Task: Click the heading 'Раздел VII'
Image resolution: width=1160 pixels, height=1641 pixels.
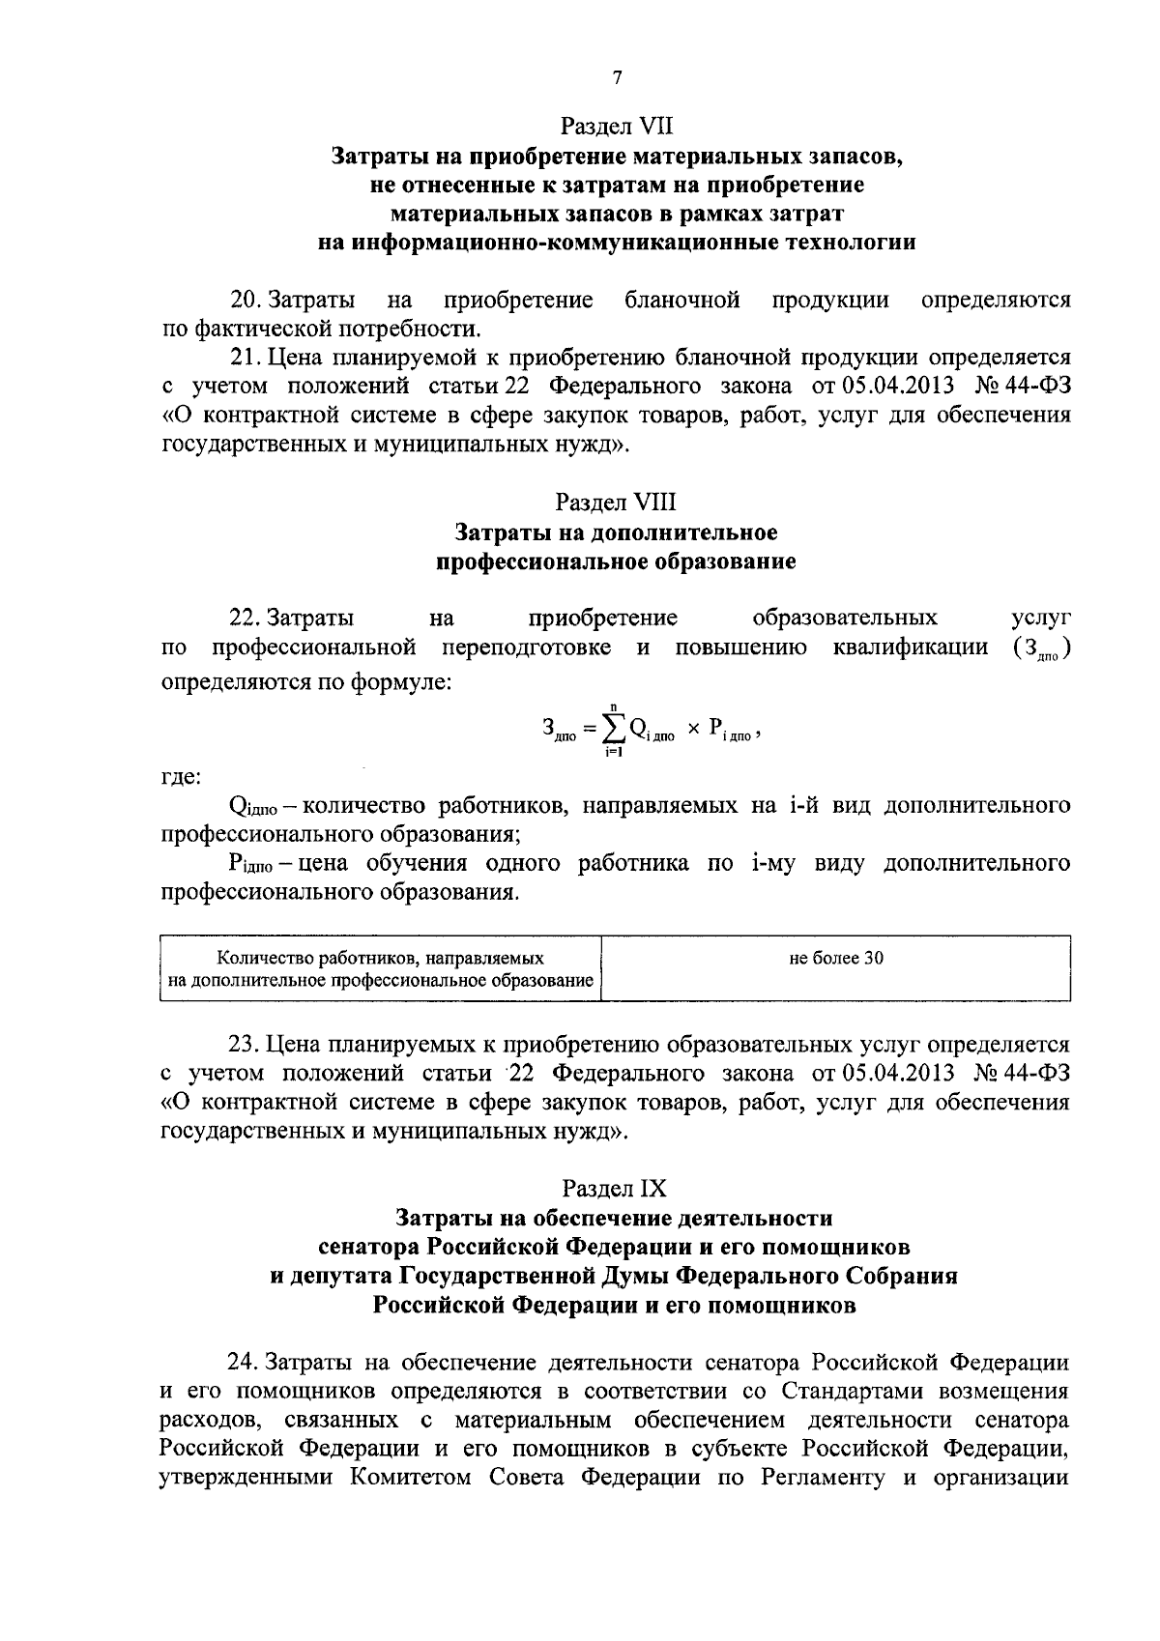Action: pyautogui.click(x=616, y=127)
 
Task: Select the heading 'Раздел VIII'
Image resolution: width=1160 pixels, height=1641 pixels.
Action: pyautogui.click(x=616, y=503)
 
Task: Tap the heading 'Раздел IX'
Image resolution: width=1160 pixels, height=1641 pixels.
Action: pyautogui.click(x=616, y=1188)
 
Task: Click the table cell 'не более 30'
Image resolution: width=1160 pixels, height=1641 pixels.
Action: pyautogui.click(x=836, y=959)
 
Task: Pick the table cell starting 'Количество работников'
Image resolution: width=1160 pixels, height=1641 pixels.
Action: pyautogui.click(x=380, y=969)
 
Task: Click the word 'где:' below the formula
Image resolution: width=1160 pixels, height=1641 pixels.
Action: pyautogui.click(x=180, y=776)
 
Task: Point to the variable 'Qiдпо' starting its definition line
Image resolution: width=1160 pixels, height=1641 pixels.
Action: pyautogui.click(x=253, y=807)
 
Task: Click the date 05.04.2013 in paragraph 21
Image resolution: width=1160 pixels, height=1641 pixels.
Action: pyautogui.click(x=900, y=387)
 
